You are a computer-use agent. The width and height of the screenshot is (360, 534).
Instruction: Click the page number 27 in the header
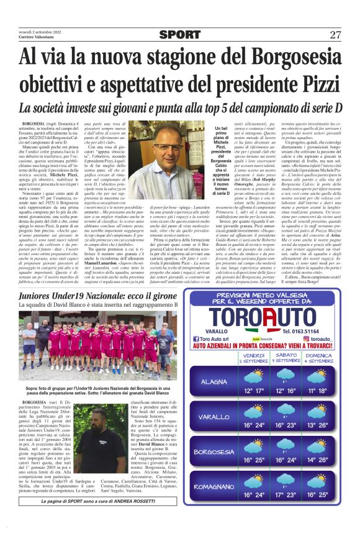tap(335, 34)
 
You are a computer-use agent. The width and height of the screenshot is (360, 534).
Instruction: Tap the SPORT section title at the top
tap(179, 35)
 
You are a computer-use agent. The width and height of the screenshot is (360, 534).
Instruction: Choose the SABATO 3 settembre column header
tap(288, 357)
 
